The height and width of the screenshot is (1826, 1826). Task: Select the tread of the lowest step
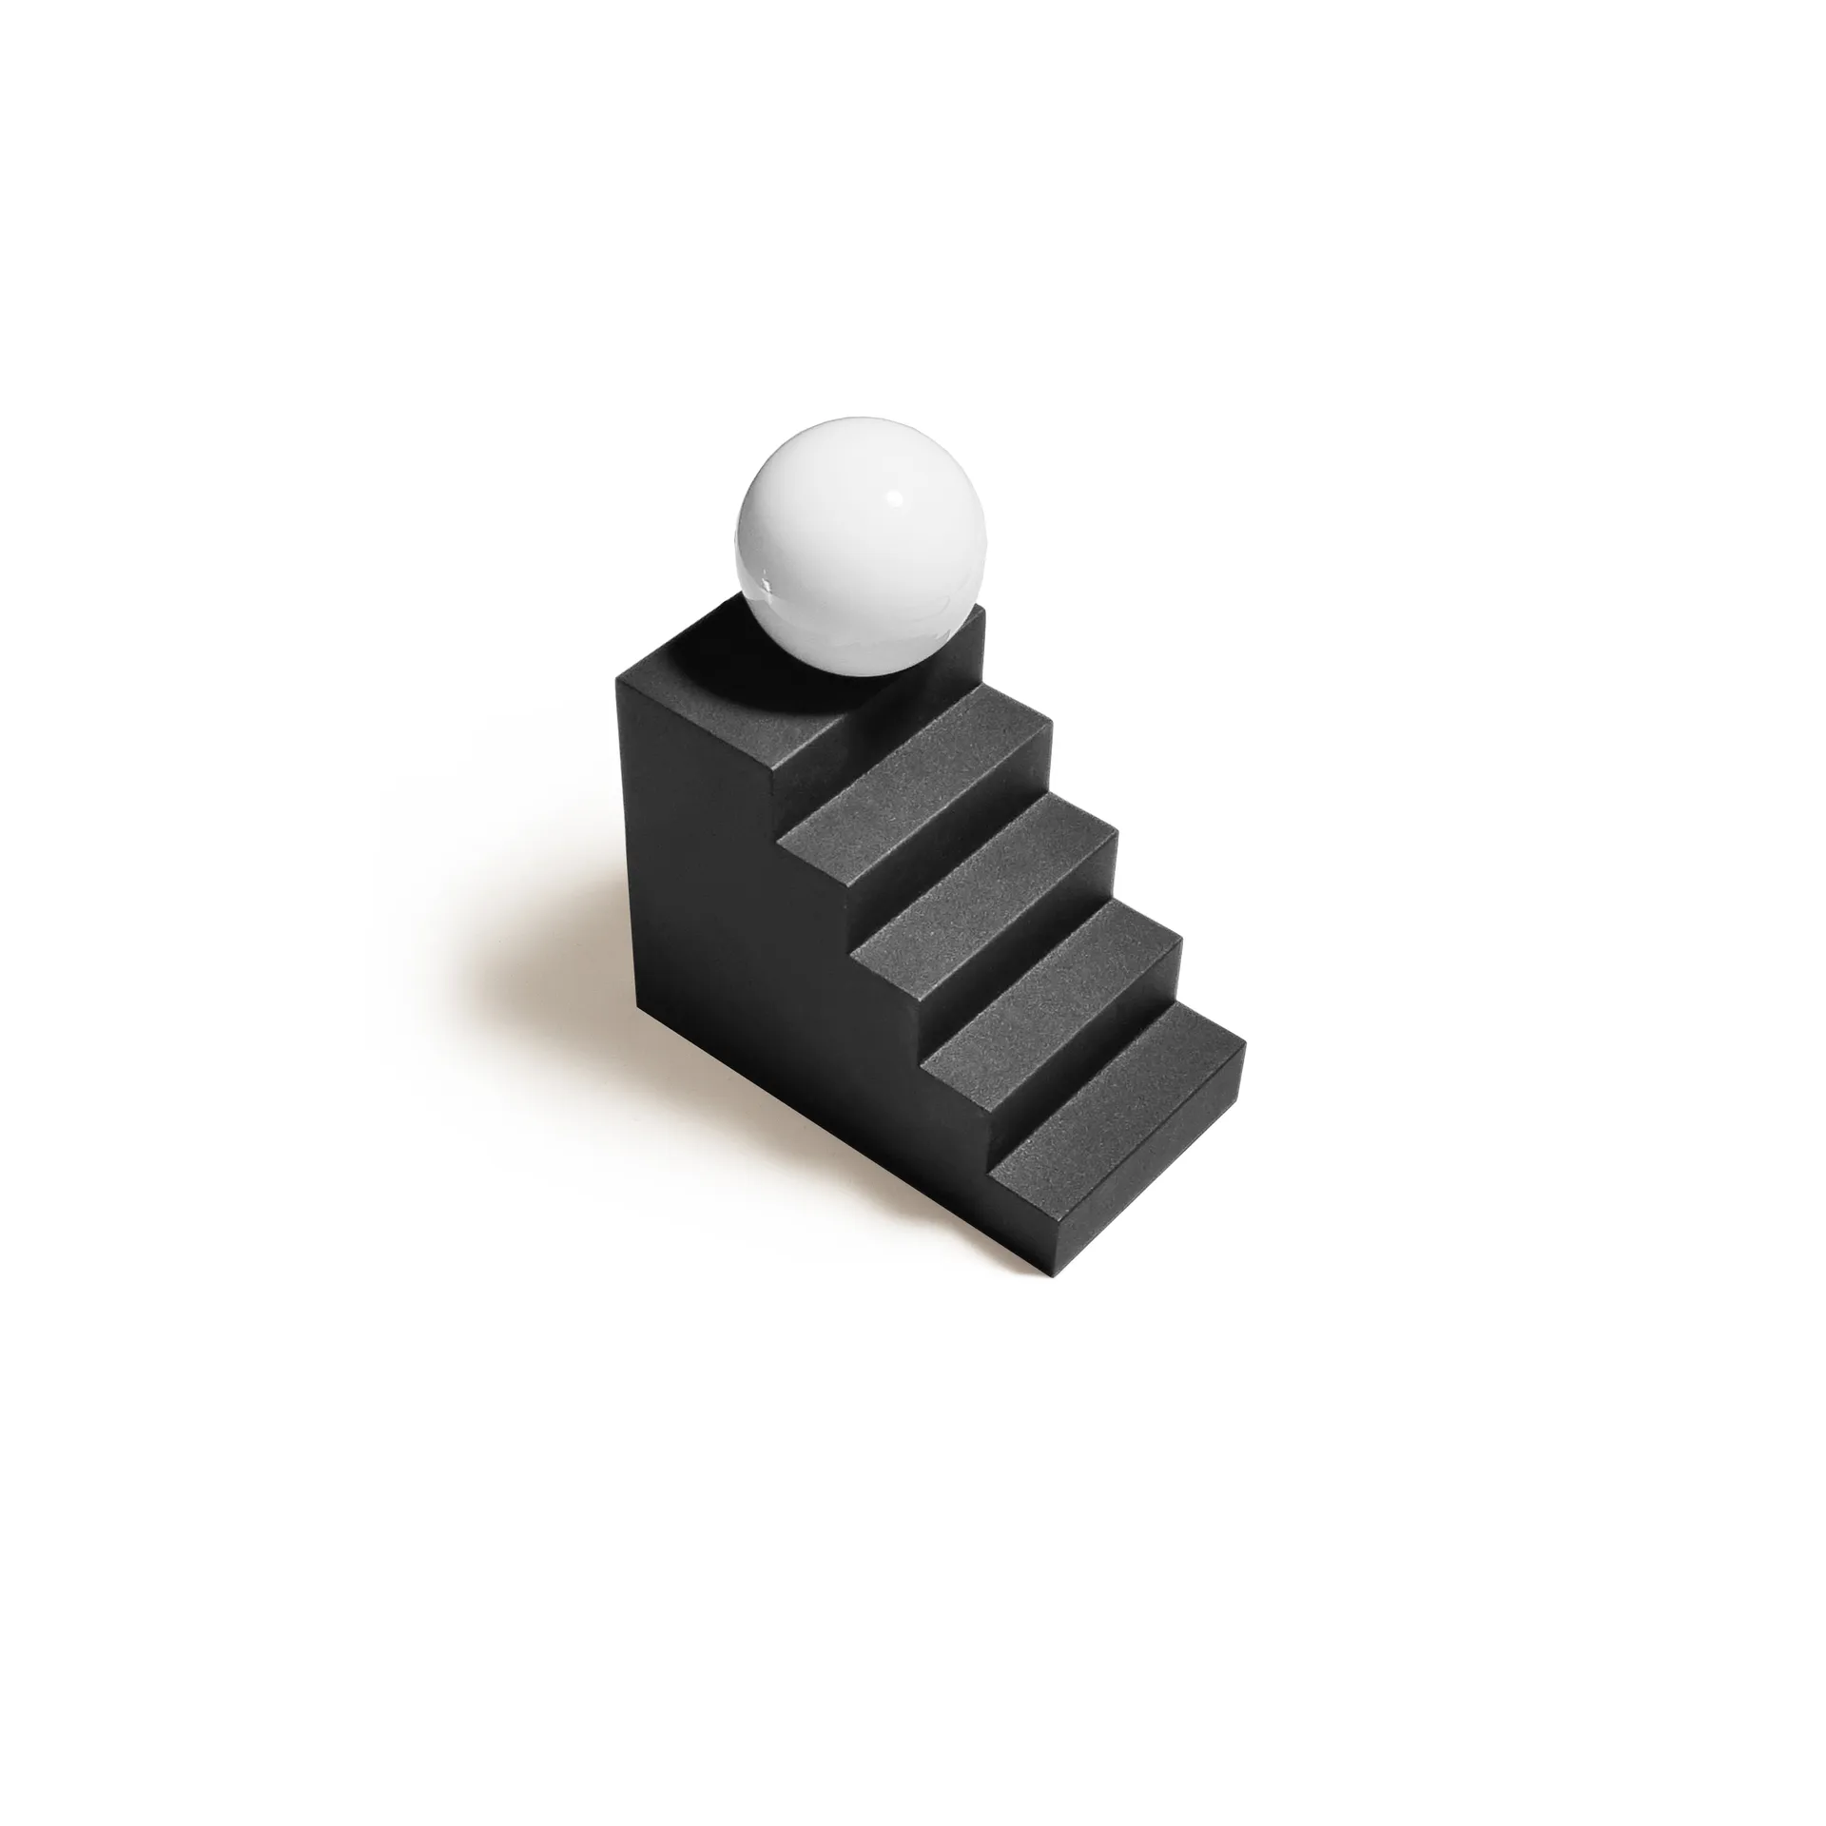click(1113, 1094)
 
